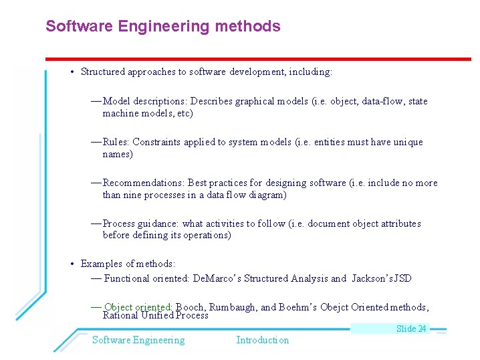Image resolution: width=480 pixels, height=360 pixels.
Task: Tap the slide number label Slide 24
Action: point(411,329)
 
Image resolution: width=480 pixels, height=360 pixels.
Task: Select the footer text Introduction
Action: point(263,340)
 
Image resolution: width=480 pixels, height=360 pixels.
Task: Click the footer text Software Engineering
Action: point(138,340)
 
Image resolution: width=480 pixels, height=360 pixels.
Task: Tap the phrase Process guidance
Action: point(140,223)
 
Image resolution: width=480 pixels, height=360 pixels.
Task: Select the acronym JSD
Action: point(403,278)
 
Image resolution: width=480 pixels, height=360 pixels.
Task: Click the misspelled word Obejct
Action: point(334,307)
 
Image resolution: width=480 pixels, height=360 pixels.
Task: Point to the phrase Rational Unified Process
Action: point(156,315)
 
